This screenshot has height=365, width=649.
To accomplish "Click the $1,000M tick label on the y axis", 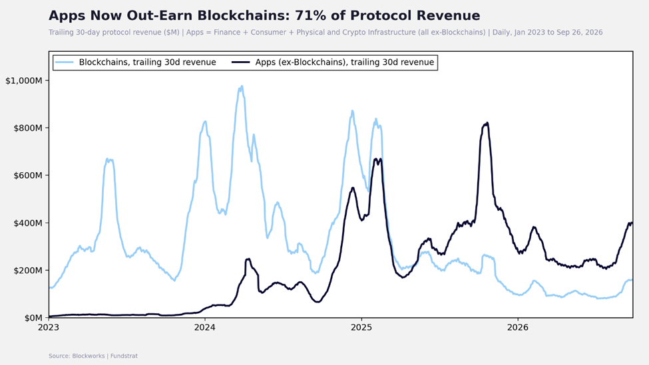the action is [x=23, y=80].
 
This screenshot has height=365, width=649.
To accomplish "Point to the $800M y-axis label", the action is [x=28, y=128].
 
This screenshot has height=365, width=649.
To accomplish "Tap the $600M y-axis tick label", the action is [x=28, y=176].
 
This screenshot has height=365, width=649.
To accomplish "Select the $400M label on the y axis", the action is [x=28, y=223].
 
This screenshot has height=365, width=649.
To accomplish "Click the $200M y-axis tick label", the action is [x=28, y=271].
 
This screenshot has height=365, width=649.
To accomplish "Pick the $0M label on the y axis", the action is [x=33, y=318].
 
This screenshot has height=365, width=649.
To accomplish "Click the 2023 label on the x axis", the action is [x=49, y=327].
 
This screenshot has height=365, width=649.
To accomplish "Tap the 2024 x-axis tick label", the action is [x=205, y=327].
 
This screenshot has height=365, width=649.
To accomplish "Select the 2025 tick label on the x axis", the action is [x=361, y=327].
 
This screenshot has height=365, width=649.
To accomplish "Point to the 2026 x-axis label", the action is [x=518, y=327].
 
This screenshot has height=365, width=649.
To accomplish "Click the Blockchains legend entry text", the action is [x=147, y=62].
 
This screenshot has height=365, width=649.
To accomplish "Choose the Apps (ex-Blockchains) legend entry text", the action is [x=344, y=62].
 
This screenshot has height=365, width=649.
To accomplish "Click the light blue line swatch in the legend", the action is [x=65, y=62].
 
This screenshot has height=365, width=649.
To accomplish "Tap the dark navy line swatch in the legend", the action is [x=241, y=62].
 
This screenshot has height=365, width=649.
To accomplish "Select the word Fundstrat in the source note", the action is [x=124, y=356].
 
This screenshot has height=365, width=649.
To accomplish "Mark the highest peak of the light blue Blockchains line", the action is [x=242, y=86].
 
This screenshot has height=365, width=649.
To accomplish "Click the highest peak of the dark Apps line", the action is [x=487, y=123].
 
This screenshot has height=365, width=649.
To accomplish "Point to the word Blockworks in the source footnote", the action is [x=88, y=356].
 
